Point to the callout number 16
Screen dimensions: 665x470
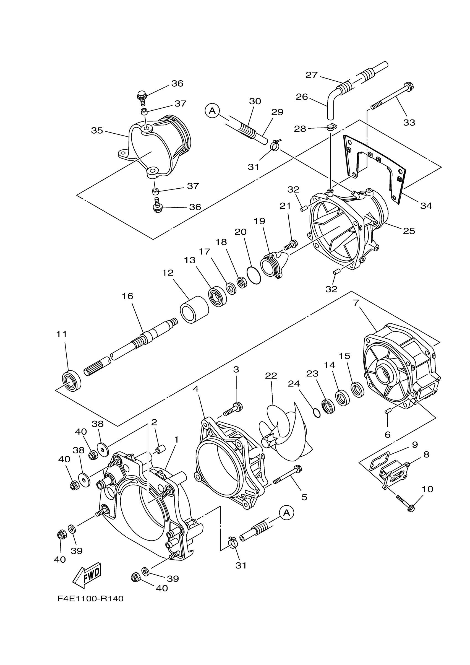pyautogui.click(x=127, y=296)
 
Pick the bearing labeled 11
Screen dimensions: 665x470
pyautogui.click(x=72, y=380)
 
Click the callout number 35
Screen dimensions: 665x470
pyautogui.click(x=97, y=131)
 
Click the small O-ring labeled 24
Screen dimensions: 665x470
pyautogui.click(x=317, y=413)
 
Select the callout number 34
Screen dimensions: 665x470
pyautogui.click(x=426, y=206)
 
